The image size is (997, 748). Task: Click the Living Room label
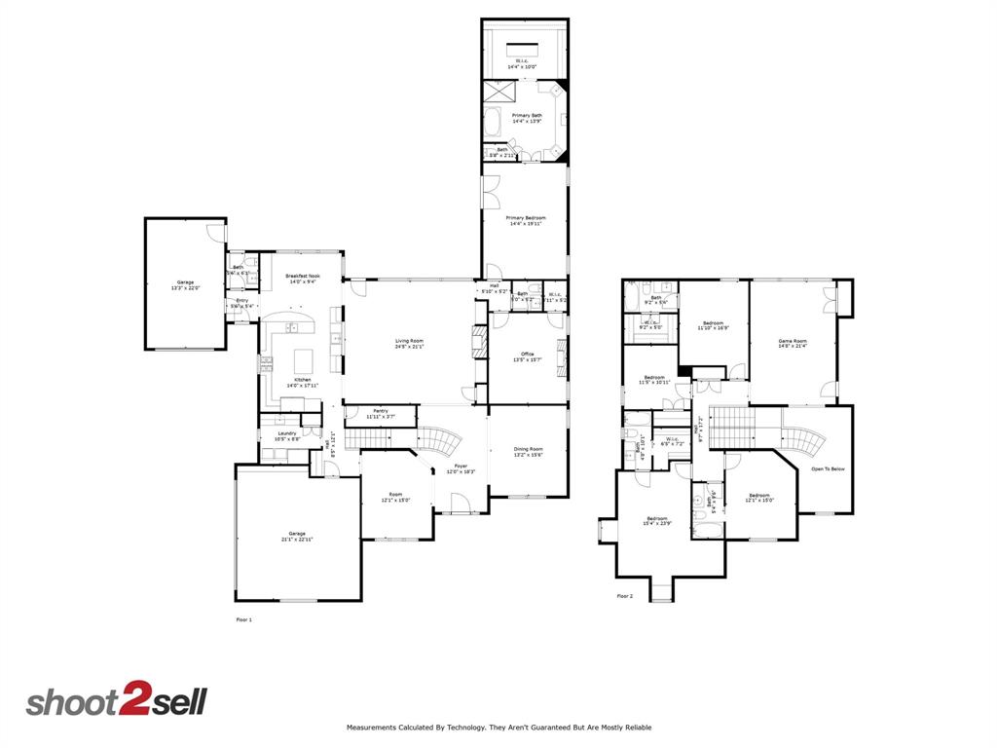tap(409, 341)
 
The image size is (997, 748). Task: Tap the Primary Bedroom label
tap(526, 218)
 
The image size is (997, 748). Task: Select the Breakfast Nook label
tap(303, 277)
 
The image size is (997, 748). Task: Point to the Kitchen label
tap(303, 379)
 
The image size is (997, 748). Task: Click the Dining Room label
tap(528, 449)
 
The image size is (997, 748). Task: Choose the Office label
tap(528, 354)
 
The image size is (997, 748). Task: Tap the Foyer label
tap(461, 466)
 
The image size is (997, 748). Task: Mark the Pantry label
tap(381, 411)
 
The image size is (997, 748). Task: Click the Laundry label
tap(286, 433)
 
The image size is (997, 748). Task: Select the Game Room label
tap(793, 341)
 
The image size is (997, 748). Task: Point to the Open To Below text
tap(829, 468)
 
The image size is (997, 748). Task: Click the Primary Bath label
tap(528, 115)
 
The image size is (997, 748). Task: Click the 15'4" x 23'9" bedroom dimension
tap(657, 524)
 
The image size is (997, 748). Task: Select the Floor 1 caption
tap(244, 619)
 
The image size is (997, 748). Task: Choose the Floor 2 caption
tap(625, 596)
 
